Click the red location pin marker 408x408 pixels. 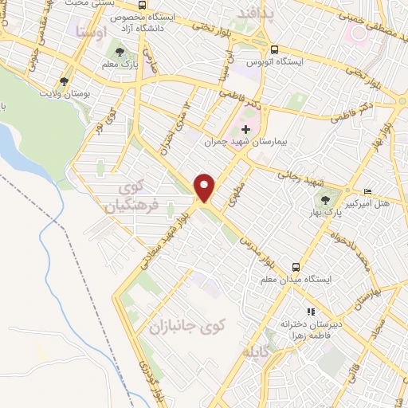pos(206,188)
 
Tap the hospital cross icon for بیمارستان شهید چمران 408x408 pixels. pos(245,127)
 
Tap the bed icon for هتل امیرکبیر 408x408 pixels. pos(367,192)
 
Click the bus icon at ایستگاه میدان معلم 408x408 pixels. pos(296,267)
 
